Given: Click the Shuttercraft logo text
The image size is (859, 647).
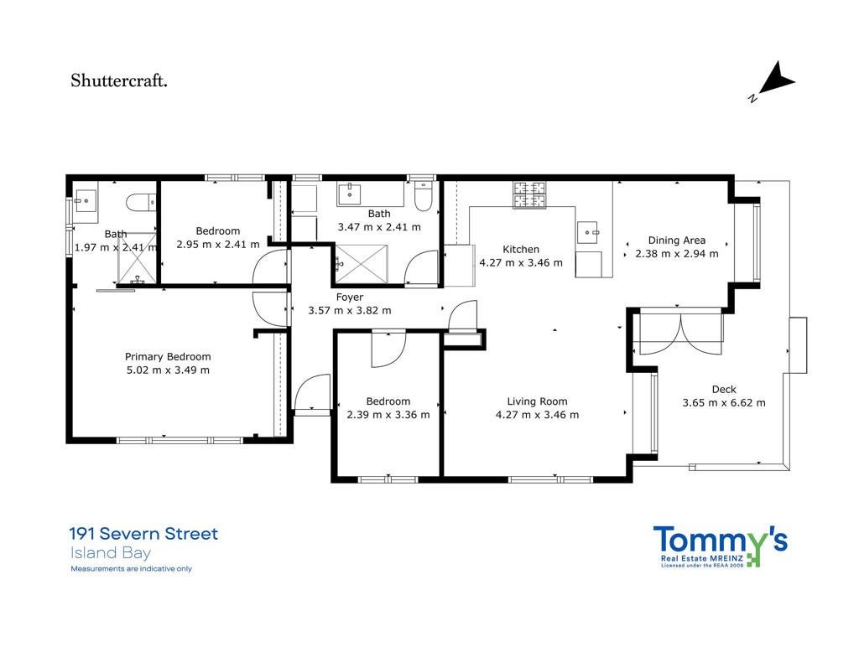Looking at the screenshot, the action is [x=119, y=81].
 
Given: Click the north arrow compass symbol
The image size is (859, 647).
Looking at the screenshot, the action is [x=773, y=81].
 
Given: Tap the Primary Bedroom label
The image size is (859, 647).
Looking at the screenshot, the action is [x=168, y=357].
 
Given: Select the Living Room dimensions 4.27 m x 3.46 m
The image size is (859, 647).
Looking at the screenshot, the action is [x=537, y=415].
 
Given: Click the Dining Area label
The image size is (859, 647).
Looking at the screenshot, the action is [x=677, y=241].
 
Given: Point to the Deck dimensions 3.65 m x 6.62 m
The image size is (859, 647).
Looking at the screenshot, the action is [x=724, y=403].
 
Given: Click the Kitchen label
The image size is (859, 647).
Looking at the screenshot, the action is [x=521, y=250].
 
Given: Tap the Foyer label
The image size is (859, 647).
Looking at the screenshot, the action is [x=350, y=298].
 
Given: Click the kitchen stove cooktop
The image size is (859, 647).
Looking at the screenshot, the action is [x=529, y=195].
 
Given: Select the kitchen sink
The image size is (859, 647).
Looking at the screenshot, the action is [x=589, y=233].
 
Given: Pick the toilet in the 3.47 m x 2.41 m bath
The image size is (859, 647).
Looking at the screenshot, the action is [x=424, y=196].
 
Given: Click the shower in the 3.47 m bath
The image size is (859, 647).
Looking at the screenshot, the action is [x=361, y=264].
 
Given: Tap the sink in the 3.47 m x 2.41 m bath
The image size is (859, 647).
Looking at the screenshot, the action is [x=350, y=194].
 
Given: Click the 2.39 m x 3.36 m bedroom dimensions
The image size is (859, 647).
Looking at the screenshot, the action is [x=388, y=415].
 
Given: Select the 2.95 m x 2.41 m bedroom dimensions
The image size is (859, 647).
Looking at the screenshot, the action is [x=218, y=244].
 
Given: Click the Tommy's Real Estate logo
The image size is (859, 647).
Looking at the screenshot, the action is [x=720, y=546].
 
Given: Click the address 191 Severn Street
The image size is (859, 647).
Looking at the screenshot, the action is [x=144, y=534].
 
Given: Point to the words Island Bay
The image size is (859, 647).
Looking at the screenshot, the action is [x=110, y=553].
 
